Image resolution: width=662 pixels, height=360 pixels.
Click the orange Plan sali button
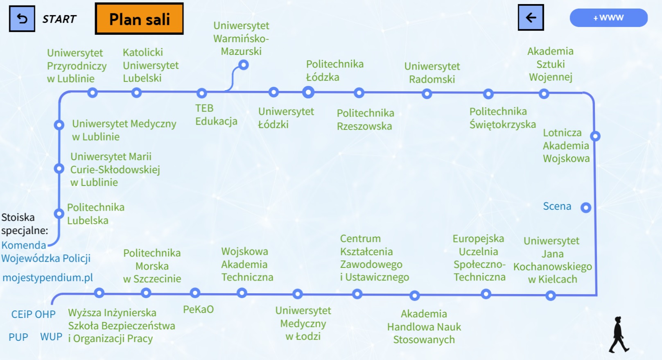pyautogui.click(x=139, y=19)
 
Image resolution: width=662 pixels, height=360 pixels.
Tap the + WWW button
pyautogui.click(x=608, y=18)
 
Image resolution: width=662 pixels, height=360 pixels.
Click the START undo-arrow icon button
pyautogui.click(x=22, y=19)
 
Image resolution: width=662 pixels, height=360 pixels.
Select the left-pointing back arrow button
pyautogui.click(x=531, y=18)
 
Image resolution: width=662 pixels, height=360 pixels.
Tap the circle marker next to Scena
pyautogui.click(x=586, y=208)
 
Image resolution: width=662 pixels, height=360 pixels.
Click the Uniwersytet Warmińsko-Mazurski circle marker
pyautogui.click(x=244, y=65)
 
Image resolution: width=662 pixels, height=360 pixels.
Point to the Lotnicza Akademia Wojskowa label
pyautogui.click(x=566, y=146)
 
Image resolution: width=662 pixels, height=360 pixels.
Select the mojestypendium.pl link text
pyautogui.click(x=47, y=278)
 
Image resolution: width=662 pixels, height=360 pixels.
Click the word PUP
pyautogui.click(x=18, y=337)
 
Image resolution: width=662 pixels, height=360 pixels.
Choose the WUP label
pyautogui.click(x=51, y=337)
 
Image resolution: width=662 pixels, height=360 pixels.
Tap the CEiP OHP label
pyautogui.click(x=33, y=315)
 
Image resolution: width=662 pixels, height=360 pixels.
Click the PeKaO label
pyautogui.click(x=198, y=309)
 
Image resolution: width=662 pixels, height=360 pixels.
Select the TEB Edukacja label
pyautogui.click(x=216, y=115)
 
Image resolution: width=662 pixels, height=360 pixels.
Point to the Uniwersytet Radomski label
pyautogui.click(x=432, y=73)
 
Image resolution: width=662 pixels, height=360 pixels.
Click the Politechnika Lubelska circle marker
pyautogui.click(x=59, y=213)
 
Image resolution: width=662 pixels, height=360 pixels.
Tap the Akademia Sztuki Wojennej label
pyautogui.click(x=550, y=64)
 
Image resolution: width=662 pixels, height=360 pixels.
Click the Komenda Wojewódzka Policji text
pyautogui.click(x=45, y=252)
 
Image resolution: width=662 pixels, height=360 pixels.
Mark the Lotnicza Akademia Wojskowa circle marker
pyautogui.click(x=595, y=136)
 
